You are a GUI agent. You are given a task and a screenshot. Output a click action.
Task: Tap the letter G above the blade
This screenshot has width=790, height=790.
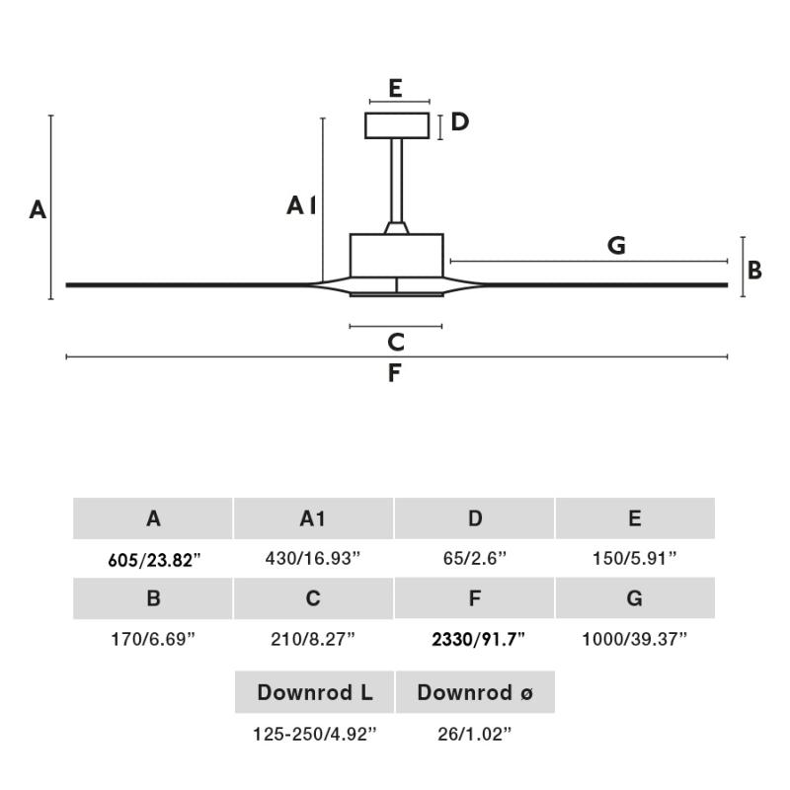[x=617, y=246]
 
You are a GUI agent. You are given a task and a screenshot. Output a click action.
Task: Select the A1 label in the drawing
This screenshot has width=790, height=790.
[x=301, y=205]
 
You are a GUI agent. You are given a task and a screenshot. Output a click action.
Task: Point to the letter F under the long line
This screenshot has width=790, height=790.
[x=395, y=373]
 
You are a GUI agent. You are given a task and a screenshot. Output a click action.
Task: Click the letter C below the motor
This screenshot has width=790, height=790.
[x=396, y=343]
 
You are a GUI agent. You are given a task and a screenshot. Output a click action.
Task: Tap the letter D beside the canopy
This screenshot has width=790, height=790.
[x=459, y=122]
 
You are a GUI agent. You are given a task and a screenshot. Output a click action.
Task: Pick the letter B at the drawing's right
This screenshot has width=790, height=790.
[x=754, y=271]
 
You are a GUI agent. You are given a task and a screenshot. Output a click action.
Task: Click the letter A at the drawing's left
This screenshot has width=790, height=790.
[x=38, y=209]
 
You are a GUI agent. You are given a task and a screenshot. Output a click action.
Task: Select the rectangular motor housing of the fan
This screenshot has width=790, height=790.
[x=397, y=255]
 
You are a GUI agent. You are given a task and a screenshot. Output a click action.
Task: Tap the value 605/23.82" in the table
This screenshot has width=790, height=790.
[x=153, y=560]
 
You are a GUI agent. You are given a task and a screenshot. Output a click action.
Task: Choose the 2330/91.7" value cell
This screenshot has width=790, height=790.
[x=478, y=639]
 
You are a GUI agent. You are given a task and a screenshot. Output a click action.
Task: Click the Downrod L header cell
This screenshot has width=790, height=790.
[x=315, y=692]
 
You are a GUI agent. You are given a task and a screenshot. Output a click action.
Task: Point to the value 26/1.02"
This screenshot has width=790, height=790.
[x=475, y=734]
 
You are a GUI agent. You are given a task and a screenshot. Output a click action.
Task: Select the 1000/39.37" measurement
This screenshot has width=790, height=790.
[x=634, y=639]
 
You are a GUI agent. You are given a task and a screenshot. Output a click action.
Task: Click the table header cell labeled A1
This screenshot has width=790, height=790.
[x=313, y=518]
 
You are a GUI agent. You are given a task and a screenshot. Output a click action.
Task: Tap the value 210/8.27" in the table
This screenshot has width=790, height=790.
[x=313, y=639]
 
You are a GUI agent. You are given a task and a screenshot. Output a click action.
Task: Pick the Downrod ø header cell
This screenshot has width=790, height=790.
[x=475, y=692]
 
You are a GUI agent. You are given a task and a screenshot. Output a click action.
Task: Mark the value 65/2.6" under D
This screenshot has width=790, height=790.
[x=475, y=559]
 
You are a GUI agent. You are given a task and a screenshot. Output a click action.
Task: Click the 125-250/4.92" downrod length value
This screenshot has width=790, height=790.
[x=315, y=734]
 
